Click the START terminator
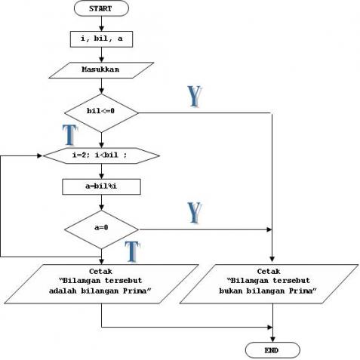point(101,9)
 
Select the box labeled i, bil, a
point(101,38)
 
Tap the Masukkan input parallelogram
point(101,70)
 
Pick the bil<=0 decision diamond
point(101,112)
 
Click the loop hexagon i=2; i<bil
point(101,155)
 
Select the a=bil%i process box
point(101,186)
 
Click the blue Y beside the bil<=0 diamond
point(194,96)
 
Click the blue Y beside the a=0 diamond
point(194,212)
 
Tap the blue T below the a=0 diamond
point(132,251)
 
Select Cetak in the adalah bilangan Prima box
point(101,269)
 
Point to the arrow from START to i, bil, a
point(101,23)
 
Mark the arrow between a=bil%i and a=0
point(101,204)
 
